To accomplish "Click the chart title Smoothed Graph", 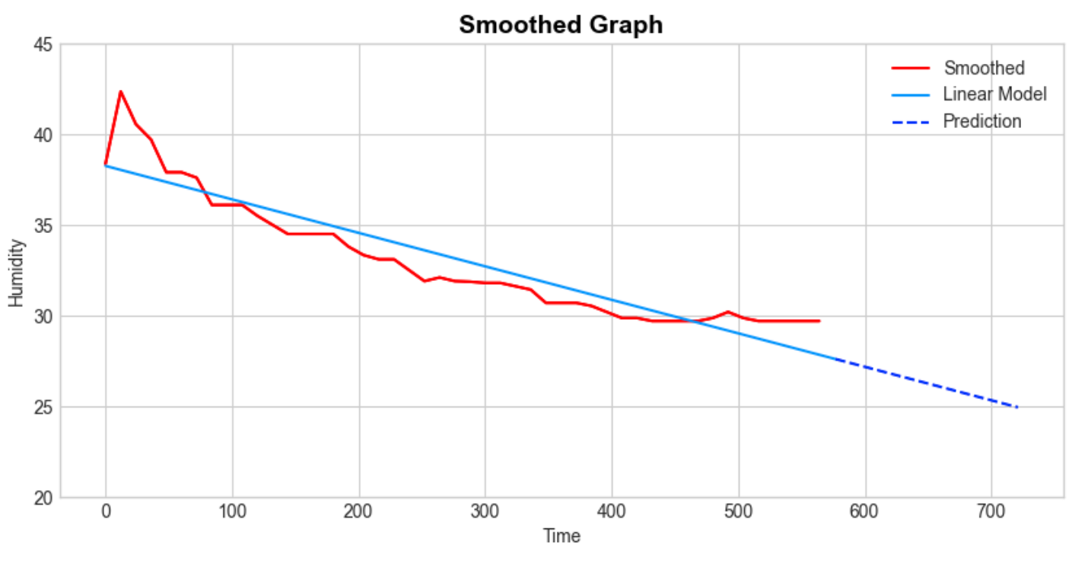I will point(561,25).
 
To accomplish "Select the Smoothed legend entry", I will point(984,69).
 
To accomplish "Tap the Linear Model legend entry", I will point(994,94).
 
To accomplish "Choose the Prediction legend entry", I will point(981,121).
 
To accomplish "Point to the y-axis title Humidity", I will point(17,273).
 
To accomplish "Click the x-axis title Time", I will point(561,536).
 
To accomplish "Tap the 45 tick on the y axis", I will point(43,45).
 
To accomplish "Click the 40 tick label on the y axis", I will point(43,136).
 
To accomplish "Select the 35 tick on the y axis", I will point(43,226).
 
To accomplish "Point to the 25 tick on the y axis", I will point(43,407).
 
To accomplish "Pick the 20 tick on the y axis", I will point(43,498).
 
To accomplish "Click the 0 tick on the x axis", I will point(106,512).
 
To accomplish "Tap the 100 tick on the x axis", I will point(232,512).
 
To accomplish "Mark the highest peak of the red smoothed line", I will point(120,91).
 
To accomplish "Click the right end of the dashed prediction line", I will point(1017,407).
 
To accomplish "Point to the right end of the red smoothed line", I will point(819,321).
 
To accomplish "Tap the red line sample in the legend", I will point(911,69).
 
